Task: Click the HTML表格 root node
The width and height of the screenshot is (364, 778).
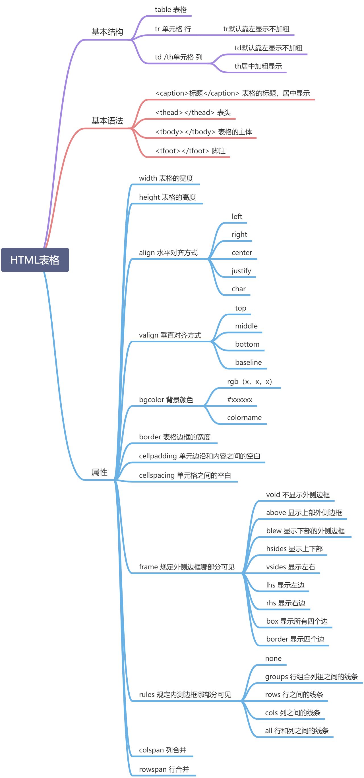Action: coord(35,260)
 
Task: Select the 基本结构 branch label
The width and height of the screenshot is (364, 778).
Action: coord(107,32)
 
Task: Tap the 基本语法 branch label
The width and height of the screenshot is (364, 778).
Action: coord(107,121)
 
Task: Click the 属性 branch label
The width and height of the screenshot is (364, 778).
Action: coord(99,472)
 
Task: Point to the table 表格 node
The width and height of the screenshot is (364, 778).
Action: coord(171,10)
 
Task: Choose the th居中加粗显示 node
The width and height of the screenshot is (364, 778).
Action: coord(258,66)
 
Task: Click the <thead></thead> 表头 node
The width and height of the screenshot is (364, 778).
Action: coord(193,113)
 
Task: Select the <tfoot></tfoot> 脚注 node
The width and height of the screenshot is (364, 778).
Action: coord(190,151)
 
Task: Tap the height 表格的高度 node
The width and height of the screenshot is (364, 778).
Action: coord(167,198)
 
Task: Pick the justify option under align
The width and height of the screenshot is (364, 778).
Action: coord(241,271)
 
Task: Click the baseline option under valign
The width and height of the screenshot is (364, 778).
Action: coord(248,363)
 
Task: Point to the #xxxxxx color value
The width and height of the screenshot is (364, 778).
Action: coord(239,400)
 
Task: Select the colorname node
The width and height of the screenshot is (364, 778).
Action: coord(244,418)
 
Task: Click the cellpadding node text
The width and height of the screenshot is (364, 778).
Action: coord(199,456)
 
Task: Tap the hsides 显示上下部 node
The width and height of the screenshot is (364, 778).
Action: coord(294,549)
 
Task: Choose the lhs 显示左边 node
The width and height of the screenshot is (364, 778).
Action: coord(285,585)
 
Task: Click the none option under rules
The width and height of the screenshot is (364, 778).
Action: coord(273,659)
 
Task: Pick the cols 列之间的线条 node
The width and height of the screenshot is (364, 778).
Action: coord(292,713)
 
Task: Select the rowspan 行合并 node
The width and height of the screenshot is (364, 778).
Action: coord(164,769)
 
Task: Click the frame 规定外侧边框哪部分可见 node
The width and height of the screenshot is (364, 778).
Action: coord(187,567)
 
